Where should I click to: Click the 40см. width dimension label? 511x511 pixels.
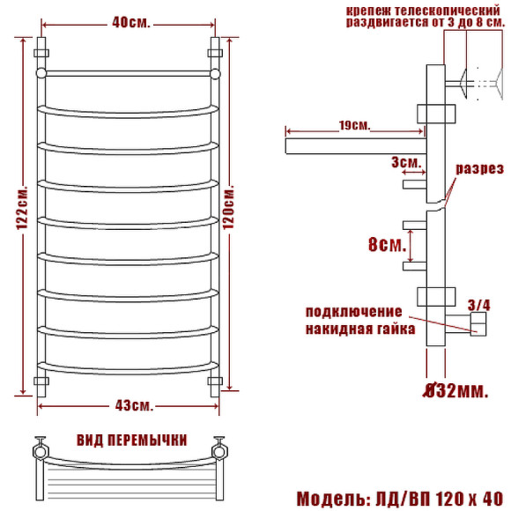(x=131, y=23)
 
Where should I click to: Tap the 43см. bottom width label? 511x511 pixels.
(x=134, y=405)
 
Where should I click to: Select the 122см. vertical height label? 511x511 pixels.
(x=23, y=208)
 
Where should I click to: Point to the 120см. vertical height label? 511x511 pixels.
(x=228, y=207)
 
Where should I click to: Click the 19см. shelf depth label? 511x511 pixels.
(x=355, y=125)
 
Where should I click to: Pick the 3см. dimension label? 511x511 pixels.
(x=406, y=162)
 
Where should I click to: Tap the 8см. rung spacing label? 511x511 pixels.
(x=387, y=244)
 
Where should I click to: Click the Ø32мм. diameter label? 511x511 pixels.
(x=455, y=390)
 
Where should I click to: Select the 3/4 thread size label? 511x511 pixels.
(x=478, y=305)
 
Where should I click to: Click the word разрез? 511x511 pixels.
(x=479, y=169)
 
